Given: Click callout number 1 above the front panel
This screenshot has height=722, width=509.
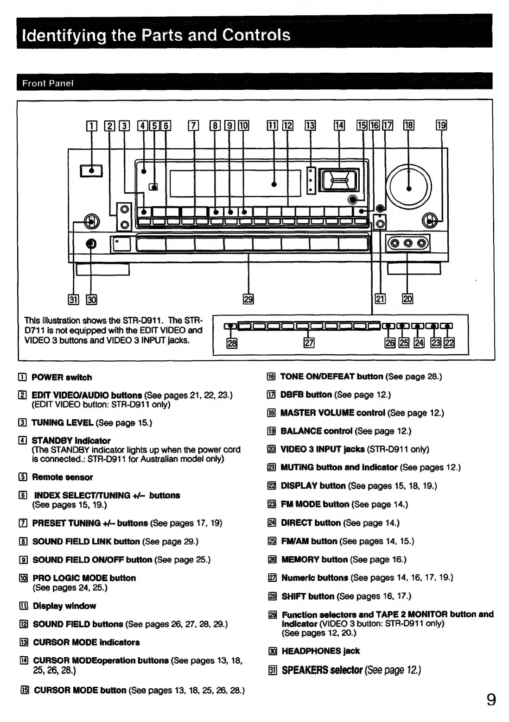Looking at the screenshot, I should (x=92, y=126).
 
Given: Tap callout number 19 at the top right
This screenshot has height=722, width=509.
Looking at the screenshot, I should (x=441, y=125).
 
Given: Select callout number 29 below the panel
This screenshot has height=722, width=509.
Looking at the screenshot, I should (x=248, y=299).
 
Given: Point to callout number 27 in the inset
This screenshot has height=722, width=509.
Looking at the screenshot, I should (x=308, y=343).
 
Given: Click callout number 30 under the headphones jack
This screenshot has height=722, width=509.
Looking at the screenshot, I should (x=91, y=300).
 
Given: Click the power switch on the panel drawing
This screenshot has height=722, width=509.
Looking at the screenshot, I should (x=92, y=171).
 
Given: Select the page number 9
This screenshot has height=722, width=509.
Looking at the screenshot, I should (x=491, y=698).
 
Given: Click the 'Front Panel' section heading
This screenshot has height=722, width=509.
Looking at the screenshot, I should (x=48, y=83).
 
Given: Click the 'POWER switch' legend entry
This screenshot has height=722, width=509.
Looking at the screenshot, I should (x=62, y=377).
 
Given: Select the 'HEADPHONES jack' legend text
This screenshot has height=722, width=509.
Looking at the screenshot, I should (x=320, y=651).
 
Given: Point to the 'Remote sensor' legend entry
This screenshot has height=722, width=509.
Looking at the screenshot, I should (x=62, y=477).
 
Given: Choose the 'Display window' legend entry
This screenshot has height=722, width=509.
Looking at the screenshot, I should (x=64, y=606).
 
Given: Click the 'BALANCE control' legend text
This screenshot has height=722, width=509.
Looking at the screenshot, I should (x=317, y=431).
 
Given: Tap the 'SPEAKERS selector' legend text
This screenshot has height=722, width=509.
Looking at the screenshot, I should (x=322, y=670).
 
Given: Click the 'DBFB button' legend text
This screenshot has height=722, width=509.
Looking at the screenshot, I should (x=306, y=395).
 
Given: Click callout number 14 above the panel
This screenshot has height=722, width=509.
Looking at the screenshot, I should (x=340, y=125).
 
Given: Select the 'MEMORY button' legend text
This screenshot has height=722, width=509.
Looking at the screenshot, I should (x=314, y=559).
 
